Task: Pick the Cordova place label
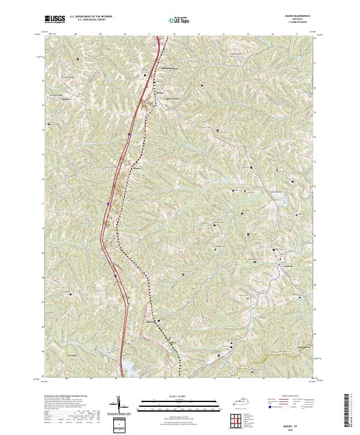tap(283, 263)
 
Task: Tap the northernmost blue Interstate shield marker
tap(129, 136)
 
